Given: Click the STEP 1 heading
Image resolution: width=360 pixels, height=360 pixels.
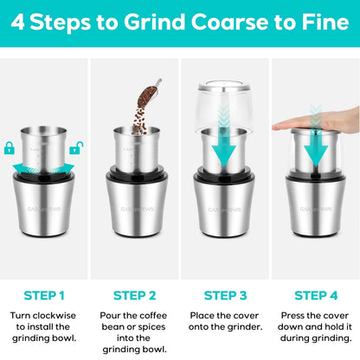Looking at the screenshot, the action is (x=44, y=296).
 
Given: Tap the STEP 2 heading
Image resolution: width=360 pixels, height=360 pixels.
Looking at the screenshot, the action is (x=134, y=296).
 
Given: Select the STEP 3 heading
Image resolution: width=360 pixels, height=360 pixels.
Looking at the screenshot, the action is (x=225, y=296).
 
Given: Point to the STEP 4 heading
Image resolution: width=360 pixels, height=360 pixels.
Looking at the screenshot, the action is (x=316, y=296).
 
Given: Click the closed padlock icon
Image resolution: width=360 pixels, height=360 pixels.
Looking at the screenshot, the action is (x=10, y=148).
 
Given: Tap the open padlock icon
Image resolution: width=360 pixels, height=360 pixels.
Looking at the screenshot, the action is (x=76, y=148).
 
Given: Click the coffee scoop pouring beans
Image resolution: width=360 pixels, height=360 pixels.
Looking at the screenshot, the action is (x=149, y=93).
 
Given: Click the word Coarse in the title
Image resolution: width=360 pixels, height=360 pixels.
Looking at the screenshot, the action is (x=229, y=22).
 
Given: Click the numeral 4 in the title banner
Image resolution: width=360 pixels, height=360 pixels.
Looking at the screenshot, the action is (x=17, y=22).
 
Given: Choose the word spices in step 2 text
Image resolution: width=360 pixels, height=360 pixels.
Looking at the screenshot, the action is (x=151, y=327).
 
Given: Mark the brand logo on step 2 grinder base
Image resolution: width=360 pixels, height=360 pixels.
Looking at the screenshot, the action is (x=137, y=209).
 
